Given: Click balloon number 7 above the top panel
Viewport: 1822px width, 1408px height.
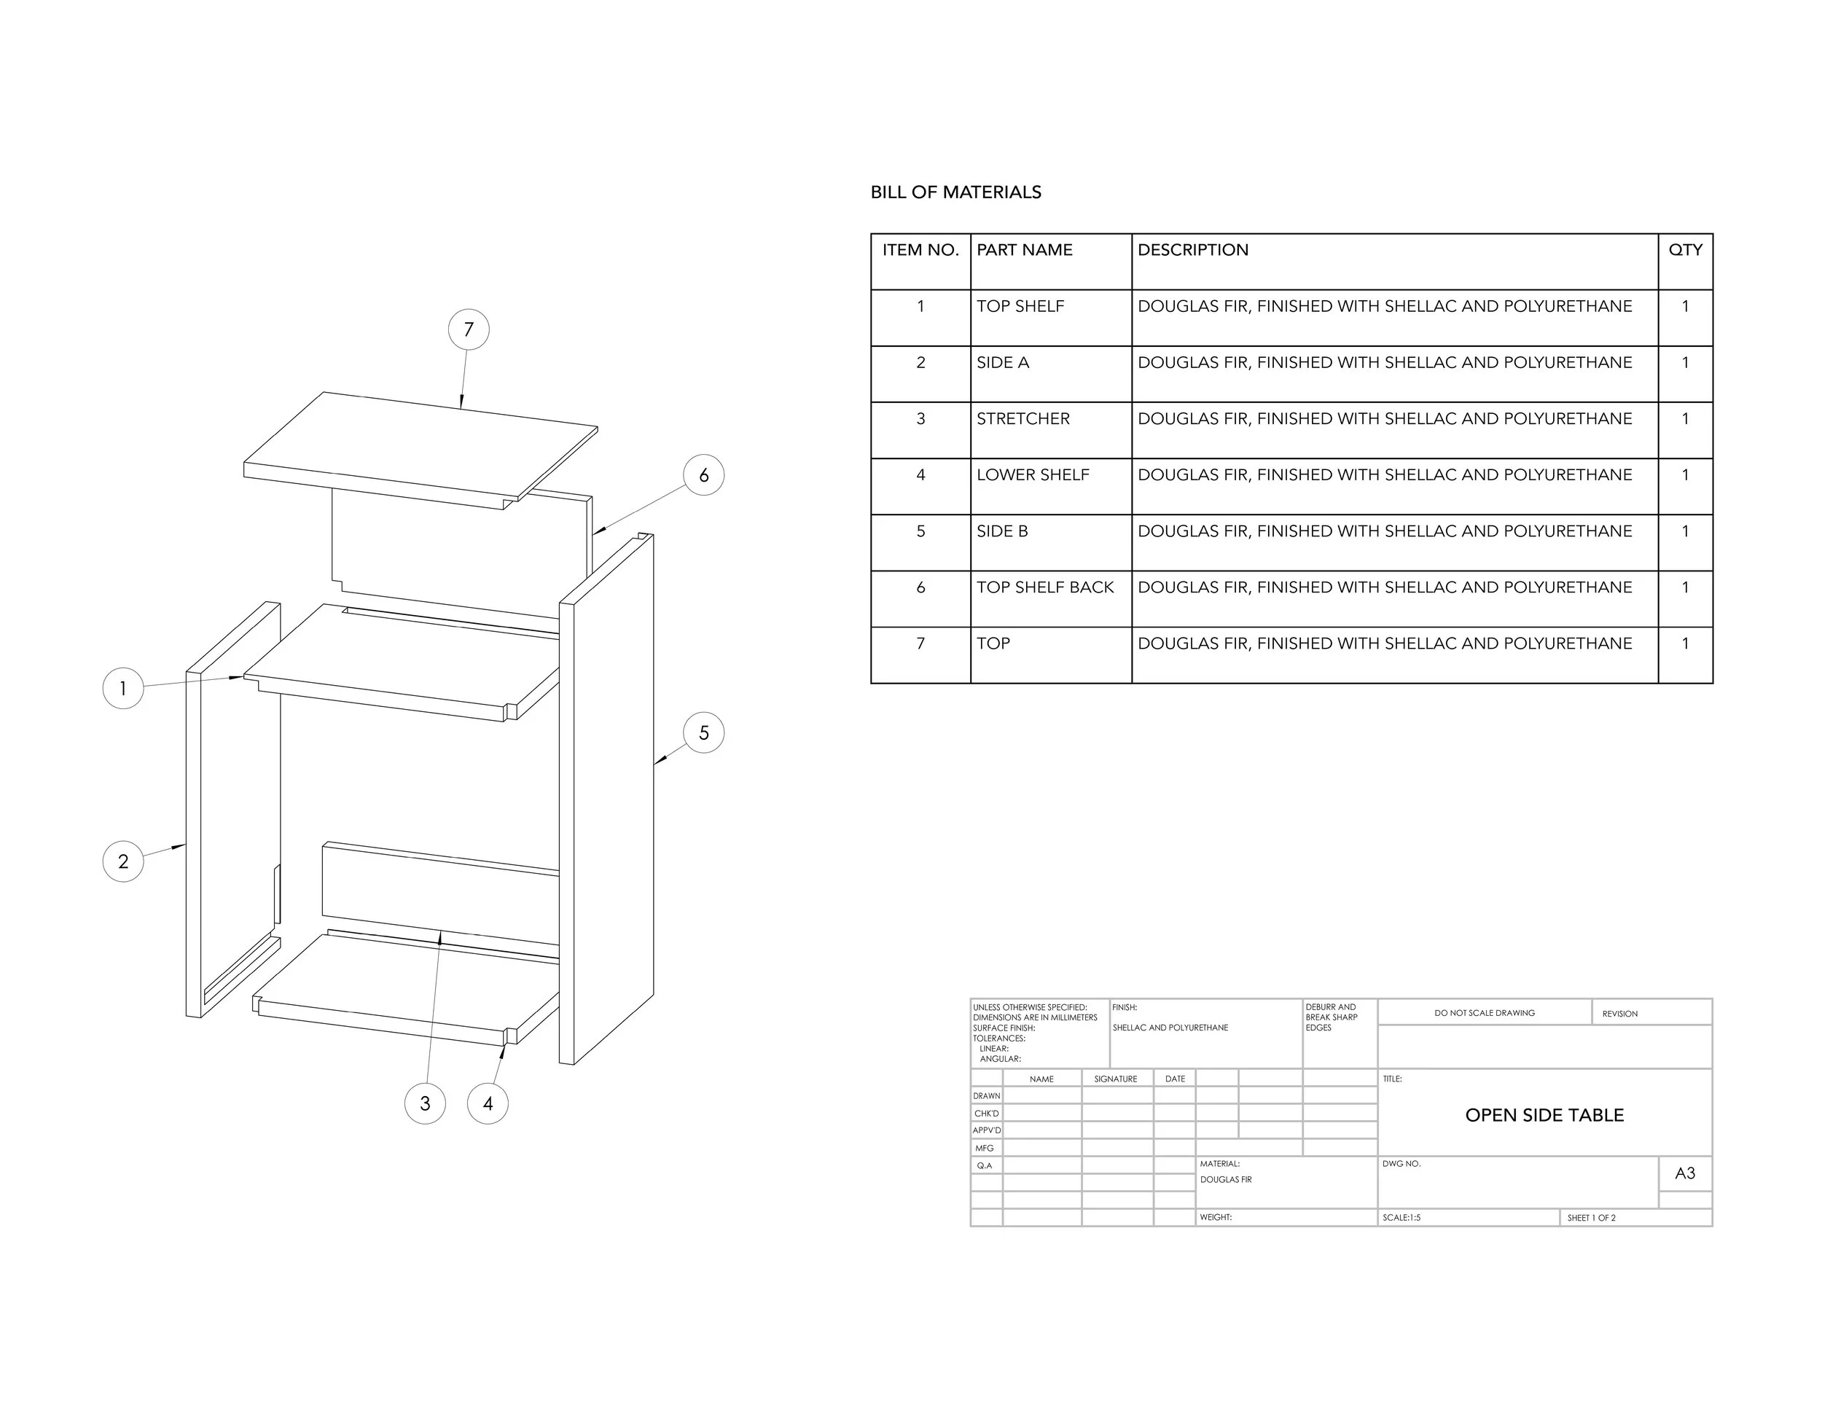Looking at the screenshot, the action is (x=468, y=329).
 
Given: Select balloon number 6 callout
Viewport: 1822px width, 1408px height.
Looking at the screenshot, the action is (x=703, y=474).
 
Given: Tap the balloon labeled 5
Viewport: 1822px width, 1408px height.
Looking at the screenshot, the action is (x=703, y=732).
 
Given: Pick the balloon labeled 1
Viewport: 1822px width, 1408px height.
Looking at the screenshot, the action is (x=122, y=688).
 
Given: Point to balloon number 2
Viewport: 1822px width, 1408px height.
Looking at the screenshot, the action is (x=122, y=861).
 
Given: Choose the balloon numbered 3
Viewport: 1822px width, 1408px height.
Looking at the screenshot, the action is (x=425, y=1103).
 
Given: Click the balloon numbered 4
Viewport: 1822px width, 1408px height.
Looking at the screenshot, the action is (x=488, y=1103).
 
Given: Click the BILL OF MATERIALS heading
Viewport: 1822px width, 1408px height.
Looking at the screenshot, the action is (x=955, y=192).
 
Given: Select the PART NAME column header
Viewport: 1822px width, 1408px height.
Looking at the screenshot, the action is (x=1024, y=249).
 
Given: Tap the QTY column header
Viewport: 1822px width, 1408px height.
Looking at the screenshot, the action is (x=1684, y=249).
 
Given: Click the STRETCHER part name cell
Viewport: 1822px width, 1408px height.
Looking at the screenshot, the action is (x=1023, y=419).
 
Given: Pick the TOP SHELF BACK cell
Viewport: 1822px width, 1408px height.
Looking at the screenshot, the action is (x=1044, y=587).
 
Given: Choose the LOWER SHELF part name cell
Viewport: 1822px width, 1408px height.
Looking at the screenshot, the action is (x=1033, y=474).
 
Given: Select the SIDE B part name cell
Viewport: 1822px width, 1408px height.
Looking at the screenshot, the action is (x=1002, y=531).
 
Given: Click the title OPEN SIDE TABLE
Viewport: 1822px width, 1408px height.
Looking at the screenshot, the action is (x=1544, y=1115).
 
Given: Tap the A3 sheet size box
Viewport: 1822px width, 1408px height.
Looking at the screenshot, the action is (x=1684, y=1173).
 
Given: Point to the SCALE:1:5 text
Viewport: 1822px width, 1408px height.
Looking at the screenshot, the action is (x=1401, y=1218).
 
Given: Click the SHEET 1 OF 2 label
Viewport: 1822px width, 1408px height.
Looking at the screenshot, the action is (x=1591, y=1218).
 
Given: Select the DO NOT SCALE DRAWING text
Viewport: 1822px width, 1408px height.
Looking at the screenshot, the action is (x=1484, y=1012).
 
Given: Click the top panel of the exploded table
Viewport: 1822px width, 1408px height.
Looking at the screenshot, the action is (x=421, y=446).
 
